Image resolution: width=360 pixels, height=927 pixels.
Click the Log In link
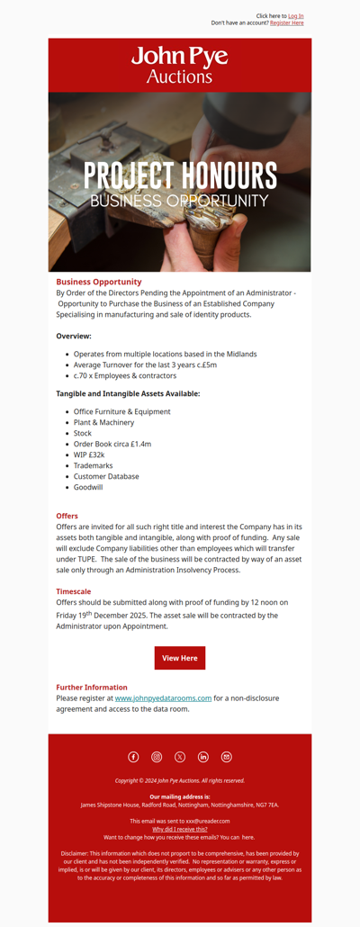(295, 16)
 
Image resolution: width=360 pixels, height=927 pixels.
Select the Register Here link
(286, 23)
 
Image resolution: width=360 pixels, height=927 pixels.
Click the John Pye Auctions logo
(180, 65)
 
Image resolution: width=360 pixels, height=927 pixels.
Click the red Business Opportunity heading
(99, 282)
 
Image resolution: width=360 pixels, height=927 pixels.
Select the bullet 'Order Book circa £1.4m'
(112, 444)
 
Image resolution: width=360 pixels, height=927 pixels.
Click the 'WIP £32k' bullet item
(89, 454)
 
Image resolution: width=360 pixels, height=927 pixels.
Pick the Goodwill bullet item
(88, 487)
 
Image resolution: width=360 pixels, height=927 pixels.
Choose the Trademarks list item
(94, 465)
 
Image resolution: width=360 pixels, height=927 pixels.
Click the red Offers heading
(67, 516)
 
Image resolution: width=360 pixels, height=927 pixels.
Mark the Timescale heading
(74, 591)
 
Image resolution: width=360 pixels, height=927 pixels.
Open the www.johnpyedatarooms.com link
(163, 697)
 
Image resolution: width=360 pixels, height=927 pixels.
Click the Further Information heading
(92, 687)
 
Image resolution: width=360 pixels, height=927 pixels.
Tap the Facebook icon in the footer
(133, 757)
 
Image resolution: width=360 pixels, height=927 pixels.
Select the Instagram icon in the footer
(157, 757)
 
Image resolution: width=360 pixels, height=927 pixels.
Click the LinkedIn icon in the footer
(203, 757)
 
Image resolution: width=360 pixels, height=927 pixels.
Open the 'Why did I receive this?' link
(180, 829)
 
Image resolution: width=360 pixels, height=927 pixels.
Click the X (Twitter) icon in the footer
(180, 757)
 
